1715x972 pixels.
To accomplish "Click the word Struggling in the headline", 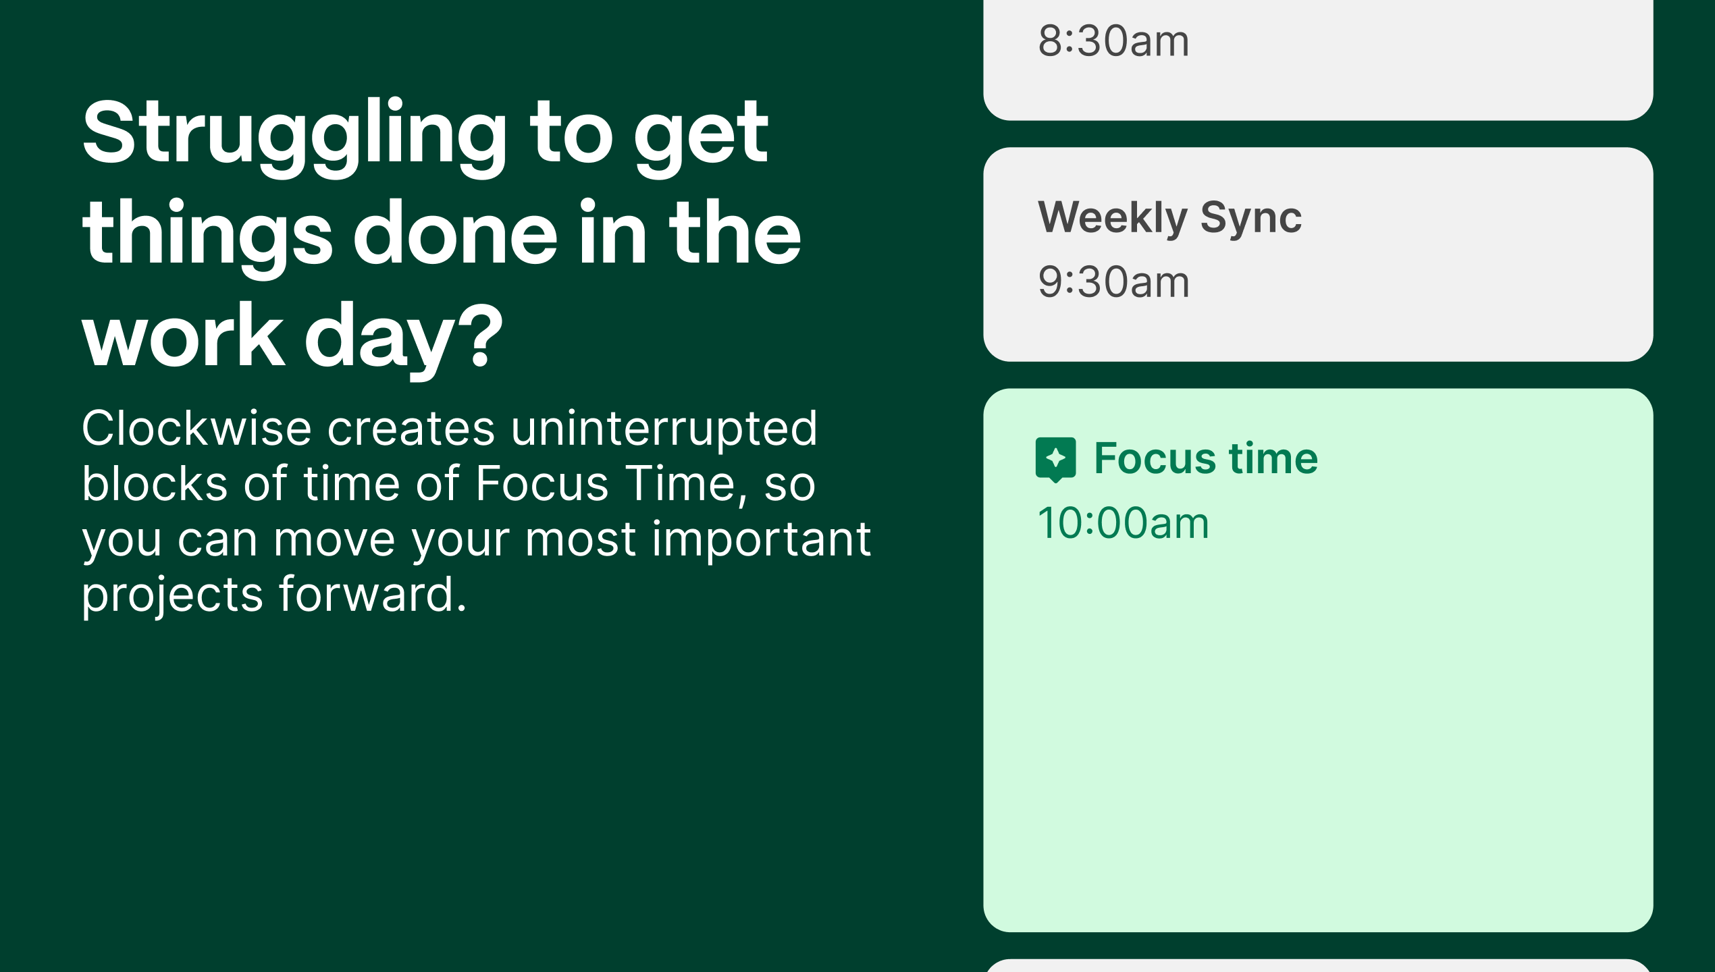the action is (294, 138).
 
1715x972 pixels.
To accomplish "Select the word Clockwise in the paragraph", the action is (196, 429).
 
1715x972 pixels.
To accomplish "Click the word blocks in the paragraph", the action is (155, 484).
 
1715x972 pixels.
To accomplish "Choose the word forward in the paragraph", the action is (372, 595).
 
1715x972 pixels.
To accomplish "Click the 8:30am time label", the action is (1113, 41).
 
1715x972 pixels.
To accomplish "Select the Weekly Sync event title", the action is (1169, 218).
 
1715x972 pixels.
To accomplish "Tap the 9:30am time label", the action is (1113, 281).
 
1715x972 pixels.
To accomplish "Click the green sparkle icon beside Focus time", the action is (1055, 460).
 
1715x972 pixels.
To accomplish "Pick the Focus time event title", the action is (1206, 458).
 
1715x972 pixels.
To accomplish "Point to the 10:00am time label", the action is (1123, 523).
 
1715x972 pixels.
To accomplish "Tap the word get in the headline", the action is (701, 141).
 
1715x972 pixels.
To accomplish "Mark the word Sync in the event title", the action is (1251, 218).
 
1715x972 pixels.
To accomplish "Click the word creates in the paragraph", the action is (411, 430).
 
